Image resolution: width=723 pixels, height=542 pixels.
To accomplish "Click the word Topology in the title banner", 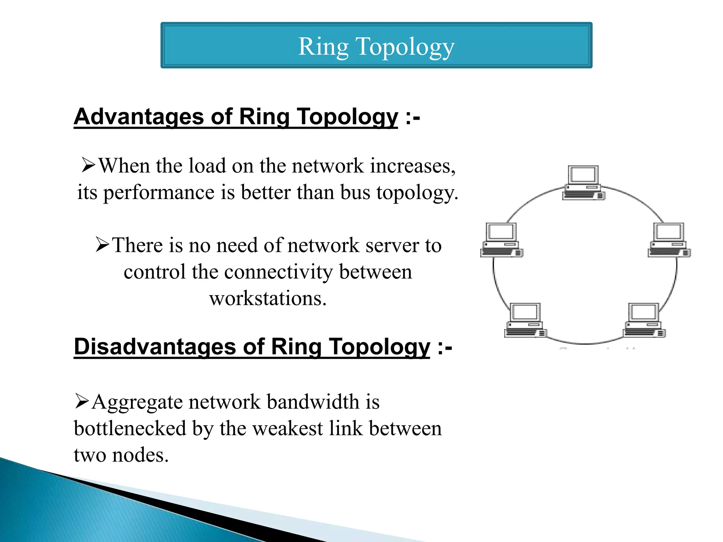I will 405,47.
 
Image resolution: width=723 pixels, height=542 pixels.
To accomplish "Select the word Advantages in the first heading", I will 138,117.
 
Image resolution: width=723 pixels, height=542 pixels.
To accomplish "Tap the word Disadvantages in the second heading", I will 154,347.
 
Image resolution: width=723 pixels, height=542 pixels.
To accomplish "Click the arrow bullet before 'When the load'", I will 88,165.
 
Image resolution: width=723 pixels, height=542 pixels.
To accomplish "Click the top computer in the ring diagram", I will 583,183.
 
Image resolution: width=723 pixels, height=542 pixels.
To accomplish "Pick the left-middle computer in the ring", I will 501,240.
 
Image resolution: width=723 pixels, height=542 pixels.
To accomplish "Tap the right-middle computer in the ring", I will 669,240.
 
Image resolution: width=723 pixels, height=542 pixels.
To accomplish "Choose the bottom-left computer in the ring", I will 525,320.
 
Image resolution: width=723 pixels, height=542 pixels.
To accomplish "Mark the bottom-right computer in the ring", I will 644,320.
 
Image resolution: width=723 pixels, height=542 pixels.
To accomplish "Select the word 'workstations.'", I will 268,299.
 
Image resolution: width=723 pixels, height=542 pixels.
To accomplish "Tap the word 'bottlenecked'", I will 130,428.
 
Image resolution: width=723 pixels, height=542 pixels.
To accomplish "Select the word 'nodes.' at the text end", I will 140,455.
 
